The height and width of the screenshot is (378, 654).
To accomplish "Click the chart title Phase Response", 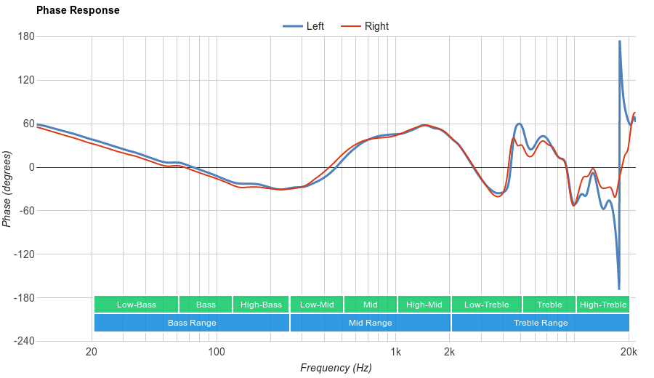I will click(78, 11).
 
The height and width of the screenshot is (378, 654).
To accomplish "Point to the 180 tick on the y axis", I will click(26, 36).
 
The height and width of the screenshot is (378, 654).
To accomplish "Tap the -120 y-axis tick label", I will click(24, 254).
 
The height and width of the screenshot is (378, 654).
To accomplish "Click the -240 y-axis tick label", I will click(24, 341).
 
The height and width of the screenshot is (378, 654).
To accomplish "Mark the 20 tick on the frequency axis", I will click(92, 352).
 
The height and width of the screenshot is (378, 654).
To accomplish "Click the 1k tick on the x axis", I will click(395, 352).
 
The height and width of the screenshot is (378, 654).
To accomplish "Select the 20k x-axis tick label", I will click(629, 352).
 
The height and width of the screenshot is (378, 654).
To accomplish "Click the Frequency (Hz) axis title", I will click(336, 368).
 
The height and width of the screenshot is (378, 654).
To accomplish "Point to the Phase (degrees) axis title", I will click(7, 189).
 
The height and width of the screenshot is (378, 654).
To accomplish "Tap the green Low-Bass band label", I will click(136, 305).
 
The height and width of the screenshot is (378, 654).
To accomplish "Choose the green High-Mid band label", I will click(424, 305).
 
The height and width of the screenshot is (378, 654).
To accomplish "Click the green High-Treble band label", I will click(603, 305).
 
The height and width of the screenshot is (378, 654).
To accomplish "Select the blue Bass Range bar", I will click(192, 323).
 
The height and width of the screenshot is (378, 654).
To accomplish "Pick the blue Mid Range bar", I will click(370, 323).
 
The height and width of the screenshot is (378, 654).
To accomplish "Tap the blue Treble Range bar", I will click(541, 323).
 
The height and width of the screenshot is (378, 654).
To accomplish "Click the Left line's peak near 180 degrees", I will click(620, 41).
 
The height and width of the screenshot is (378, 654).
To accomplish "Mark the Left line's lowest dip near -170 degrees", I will click(619, 289).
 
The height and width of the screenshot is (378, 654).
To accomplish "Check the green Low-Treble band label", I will click(487, 305).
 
